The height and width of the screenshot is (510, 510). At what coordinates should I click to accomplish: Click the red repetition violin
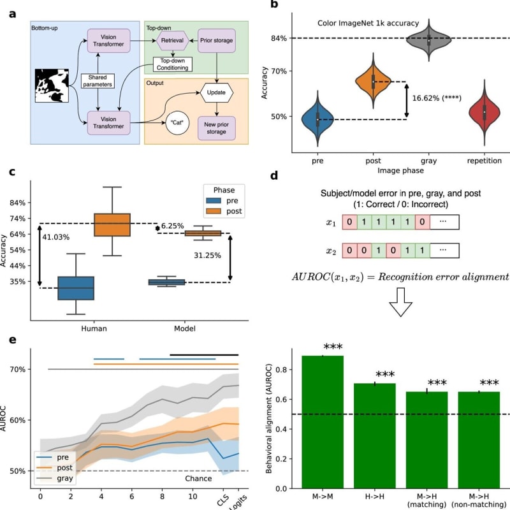485,112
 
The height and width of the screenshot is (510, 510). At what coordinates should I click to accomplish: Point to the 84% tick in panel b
279,38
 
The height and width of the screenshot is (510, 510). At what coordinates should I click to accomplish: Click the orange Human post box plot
112,225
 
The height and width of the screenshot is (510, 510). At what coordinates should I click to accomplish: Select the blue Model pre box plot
166,282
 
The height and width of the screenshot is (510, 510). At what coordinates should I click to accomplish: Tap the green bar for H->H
375,436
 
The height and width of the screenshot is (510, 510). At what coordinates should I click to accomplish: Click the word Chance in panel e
197,478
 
